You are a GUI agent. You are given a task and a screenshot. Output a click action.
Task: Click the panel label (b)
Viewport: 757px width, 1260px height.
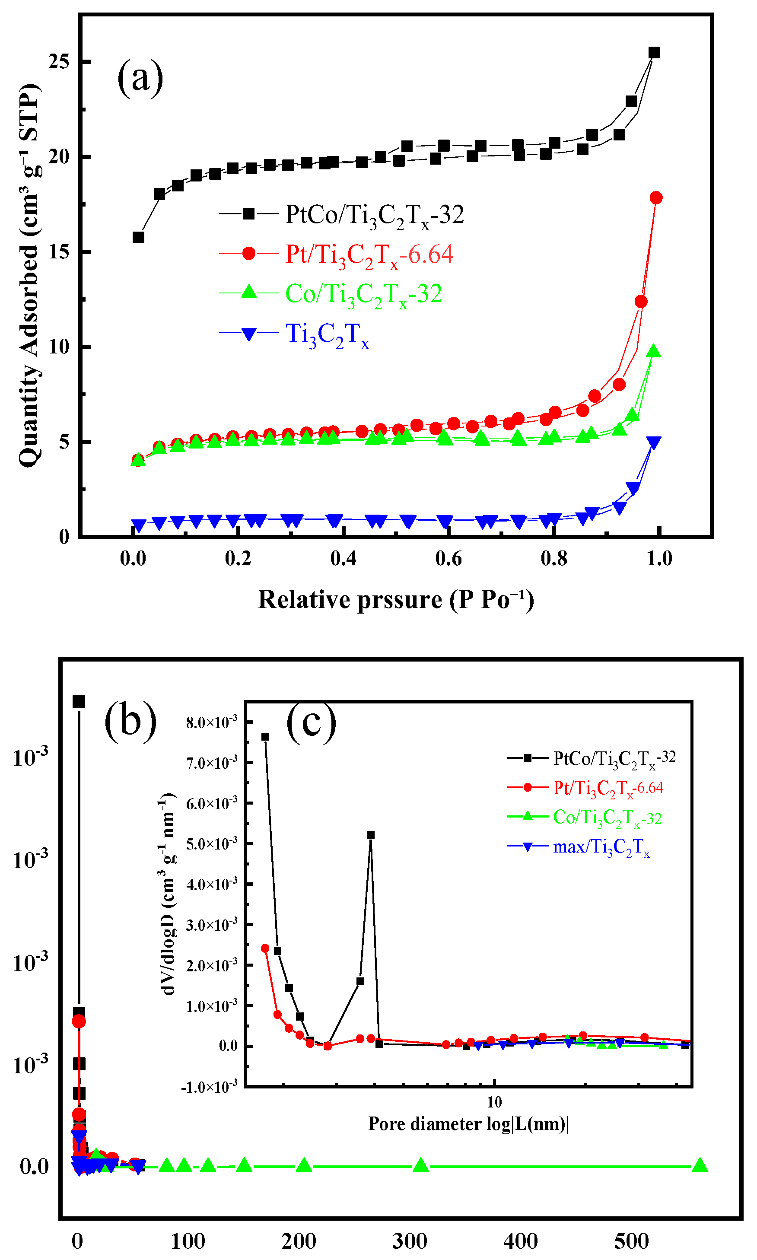coord(130,721)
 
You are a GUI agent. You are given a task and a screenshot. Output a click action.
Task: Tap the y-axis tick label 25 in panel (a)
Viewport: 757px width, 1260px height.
coord(59,62)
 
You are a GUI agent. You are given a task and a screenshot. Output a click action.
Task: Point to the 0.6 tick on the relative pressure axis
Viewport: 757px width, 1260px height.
coord(448,559)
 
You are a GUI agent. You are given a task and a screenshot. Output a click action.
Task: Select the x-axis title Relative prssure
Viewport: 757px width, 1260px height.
coord(396,600)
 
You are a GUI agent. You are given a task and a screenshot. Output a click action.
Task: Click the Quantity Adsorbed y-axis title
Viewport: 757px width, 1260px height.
coord(29,276)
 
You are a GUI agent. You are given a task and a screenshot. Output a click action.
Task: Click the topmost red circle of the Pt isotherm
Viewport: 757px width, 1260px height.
coord(656,198)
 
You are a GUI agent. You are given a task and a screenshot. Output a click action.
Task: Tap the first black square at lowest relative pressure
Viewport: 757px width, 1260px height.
coord(138,238)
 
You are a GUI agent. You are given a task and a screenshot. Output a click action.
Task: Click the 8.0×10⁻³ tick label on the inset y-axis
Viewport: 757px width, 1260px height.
coord(212,722)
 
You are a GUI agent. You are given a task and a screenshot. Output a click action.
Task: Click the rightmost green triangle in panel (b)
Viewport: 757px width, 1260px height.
coord(700,1165)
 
